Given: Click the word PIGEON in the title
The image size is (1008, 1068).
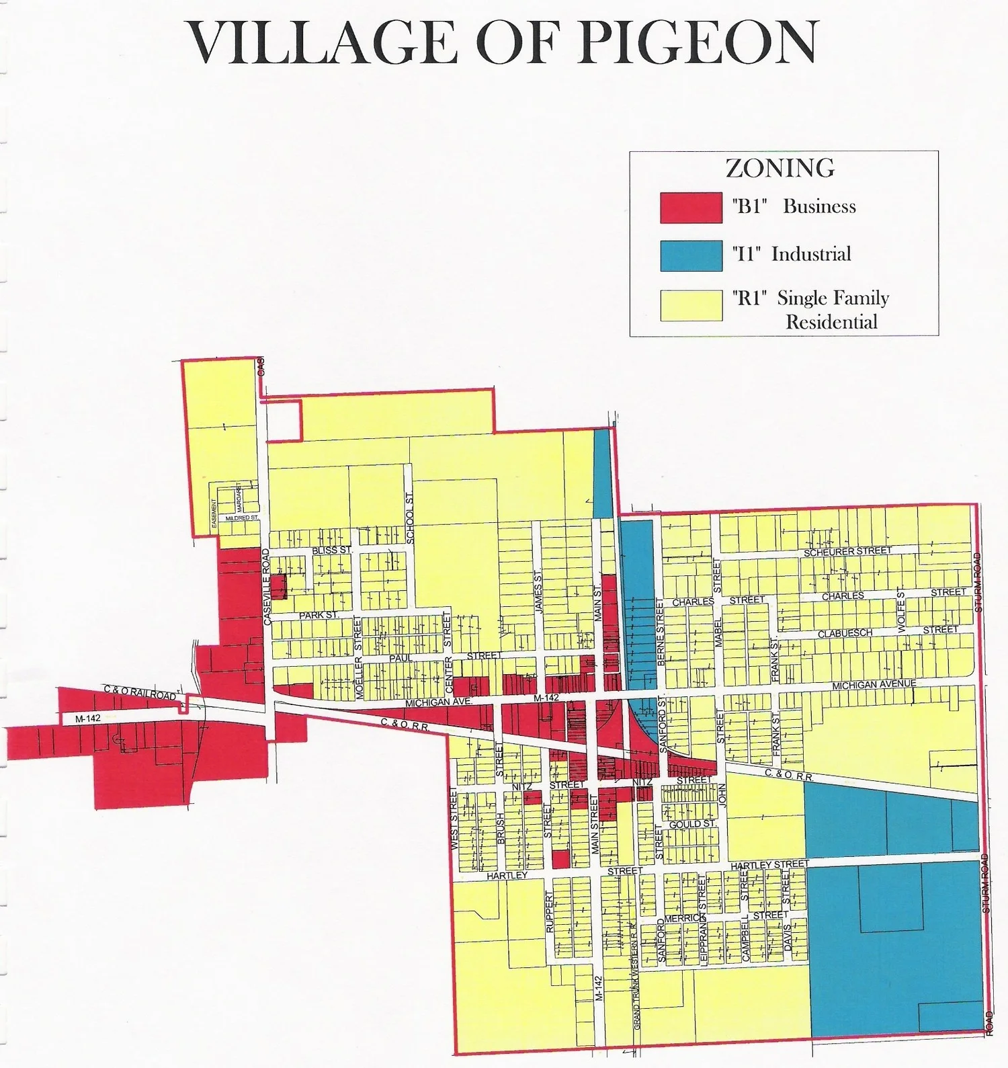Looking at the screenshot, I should (699, 42).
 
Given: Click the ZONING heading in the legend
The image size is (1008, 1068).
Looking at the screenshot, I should (780, 168).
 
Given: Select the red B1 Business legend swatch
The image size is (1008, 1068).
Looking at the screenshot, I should (691, 208).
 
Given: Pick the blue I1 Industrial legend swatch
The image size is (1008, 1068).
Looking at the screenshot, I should (691, 256).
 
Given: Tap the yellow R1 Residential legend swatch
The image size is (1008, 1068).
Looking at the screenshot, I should (691, 306).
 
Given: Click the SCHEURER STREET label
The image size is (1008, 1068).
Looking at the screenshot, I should (847, 552).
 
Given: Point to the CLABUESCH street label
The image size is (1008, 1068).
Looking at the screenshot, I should (845, 633).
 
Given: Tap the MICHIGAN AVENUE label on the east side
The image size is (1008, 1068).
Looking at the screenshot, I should (874, 685).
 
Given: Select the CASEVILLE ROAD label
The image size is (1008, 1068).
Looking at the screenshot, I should (266, 587).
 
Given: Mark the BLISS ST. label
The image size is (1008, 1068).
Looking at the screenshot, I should (332, 550).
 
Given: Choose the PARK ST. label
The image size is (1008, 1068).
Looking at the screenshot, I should (319, 615).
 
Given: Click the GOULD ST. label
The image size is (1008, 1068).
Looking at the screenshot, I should (693, 824).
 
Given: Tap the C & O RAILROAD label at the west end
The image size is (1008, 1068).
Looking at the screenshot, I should (140, 692).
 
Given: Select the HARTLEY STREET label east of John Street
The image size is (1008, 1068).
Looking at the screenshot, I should (770, 865).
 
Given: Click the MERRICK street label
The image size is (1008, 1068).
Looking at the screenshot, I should (683, 918).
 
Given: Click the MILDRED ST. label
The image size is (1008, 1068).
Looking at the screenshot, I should (242, 518).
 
